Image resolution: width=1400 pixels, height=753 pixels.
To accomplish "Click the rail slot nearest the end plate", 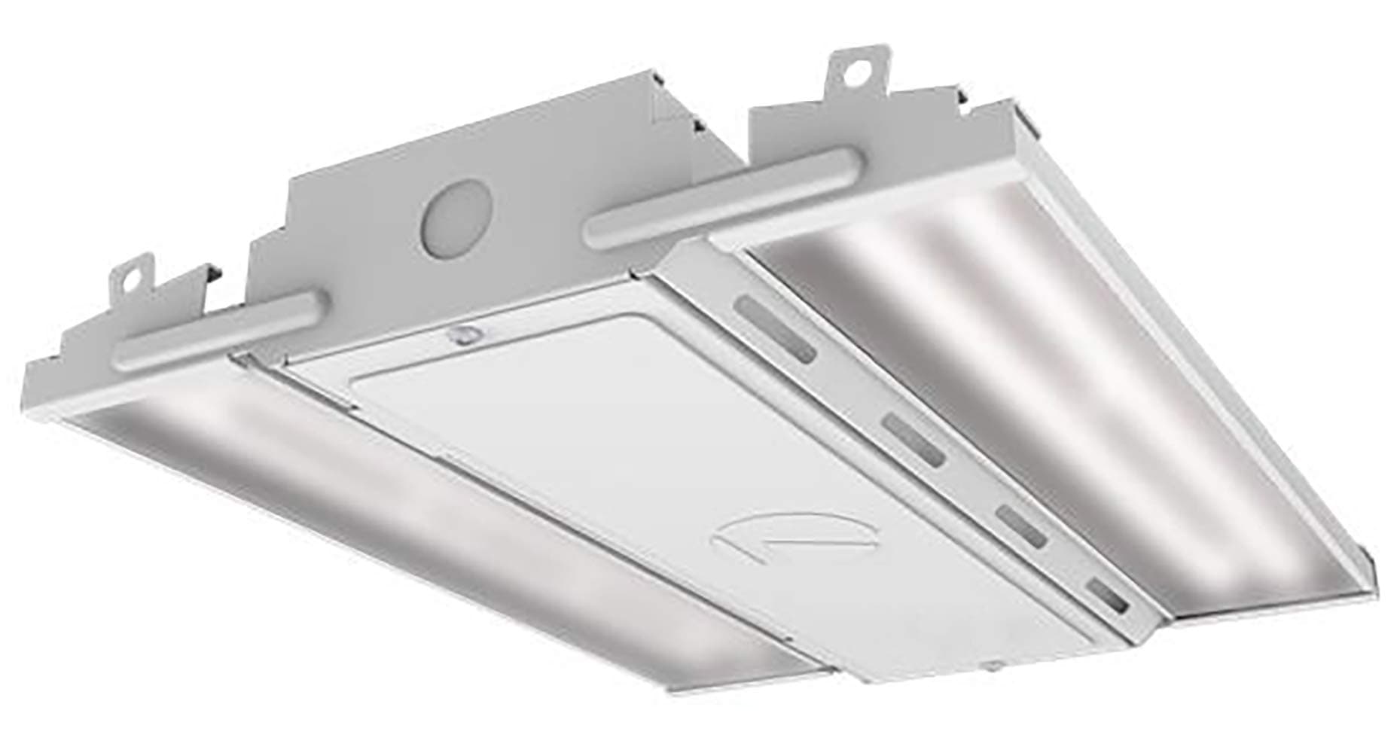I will (x=776, y=329).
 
